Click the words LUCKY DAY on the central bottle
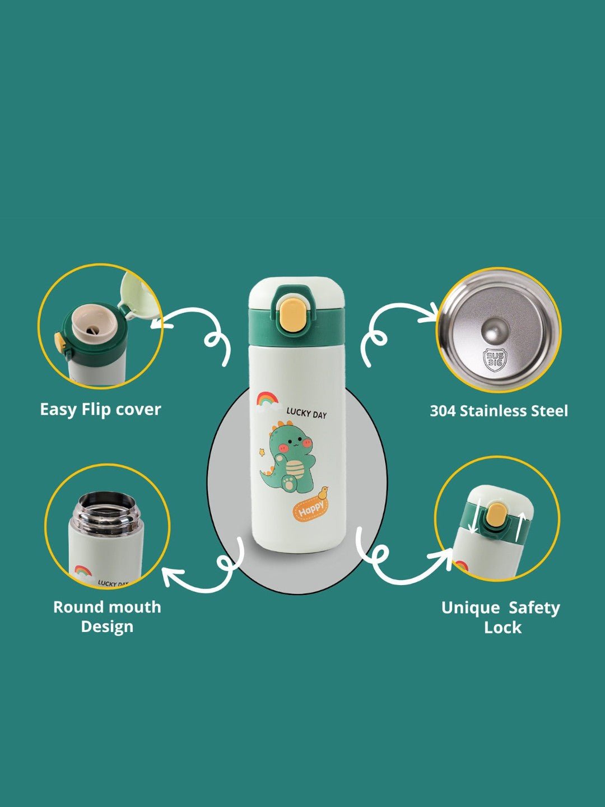pos(306,414)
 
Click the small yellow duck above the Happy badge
pos(323,493)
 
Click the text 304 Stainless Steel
pos(499,411)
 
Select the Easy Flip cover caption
pos(100,410)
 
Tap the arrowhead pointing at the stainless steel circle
pos(431,312)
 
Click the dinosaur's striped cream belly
pos(295,470)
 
